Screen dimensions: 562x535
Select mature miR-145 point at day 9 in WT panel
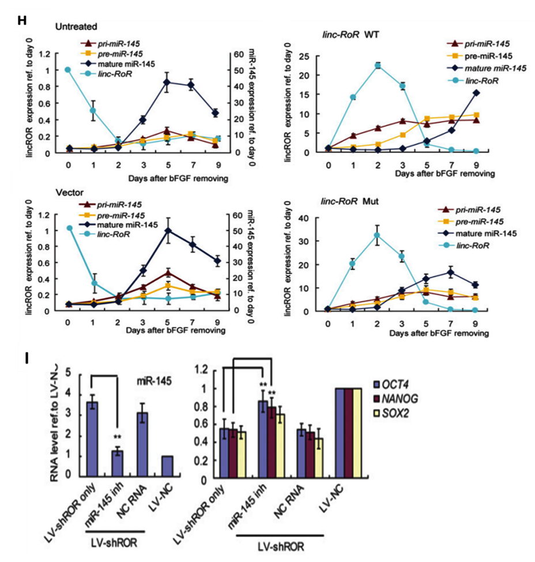(x=476, y=92)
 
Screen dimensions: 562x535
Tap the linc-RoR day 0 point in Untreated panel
(x=67, y=70)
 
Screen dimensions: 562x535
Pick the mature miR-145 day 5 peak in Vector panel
(x=168, y=231)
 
